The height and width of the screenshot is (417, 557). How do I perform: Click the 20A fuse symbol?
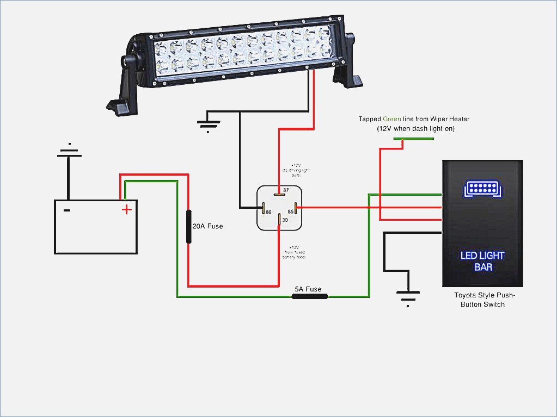coord(189,226)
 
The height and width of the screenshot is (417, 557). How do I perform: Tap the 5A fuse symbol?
coord(310,296)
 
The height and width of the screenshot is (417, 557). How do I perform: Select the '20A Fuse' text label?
coord(208,226)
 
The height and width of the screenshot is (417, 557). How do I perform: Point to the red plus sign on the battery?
coord(126,209)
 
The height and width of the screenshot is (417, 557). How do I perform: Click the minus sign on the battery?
coord(66,210)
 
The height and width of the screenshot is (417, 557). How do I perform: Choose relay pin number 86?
coord(269,211)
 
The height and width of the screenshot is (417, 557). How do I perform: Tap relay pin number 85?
coord(291,211)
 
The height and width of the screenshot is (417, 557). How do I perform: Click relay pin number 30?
coord(285,220)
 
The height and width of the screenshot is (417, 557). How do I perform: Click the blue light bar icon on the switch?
coord(482,189)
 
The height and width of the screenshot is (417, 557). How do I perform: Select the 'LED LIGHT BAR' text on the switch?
coord(482,261)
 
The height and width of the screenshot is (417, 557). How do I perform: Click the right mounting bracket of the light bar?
coord(351,71)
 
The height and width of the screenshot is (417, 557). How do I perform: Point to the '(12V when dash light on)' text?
coord(415,129)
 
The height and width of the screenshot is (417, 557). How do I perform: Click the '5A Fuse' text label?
coord(308,289)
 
